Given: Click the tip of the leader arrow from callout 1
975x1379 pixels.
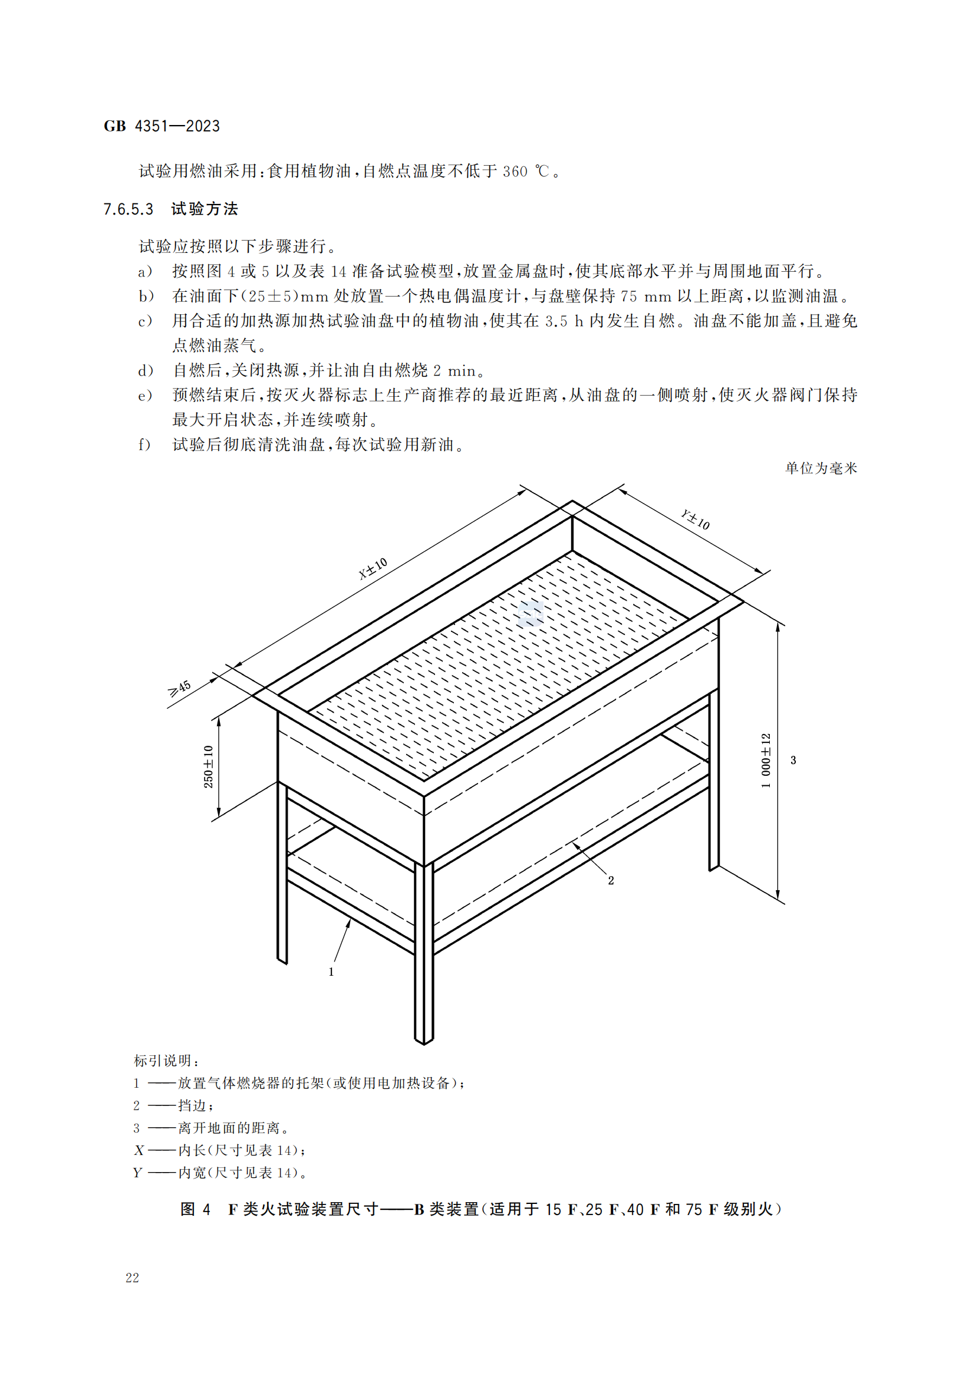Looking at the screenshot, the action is [350, 920].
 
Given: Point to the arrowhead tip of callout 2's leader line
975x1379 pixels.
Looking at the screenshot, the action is [572, 842].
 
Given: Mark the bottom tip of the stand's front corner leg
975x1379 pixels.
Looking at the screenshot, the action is [424, 1044].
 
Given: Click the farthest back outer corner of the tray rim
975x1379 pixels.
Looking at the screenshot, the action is [572, 501].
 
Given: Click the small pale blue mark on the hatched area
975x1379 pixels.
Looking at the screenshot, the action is [531, 613].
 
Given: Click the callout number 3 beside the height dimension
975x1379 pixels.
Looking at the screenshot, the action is [793, 760].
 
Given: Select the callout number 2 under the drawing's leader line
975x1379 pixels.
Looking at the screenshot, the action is [611, 880].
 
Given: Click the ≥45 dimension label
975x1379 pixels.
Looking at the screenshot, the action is [180, 688].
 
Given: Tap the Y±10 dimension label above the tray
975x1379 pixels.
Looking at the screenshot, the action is [695, 519].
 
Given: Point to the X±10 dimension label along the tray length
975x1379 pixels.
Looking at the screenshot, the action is [373, 569].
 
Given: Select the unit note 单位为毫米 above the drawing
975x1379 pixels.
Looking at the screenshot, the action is [821, 468].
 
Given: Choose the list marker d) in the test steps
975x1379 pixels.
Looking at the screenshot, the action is [146, 371].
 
